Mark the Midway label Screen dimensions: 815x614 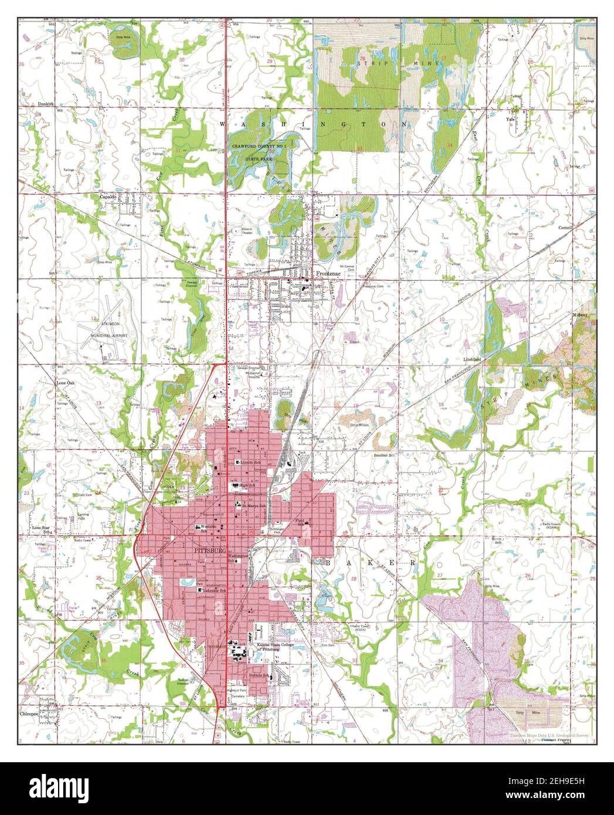(x=580, y=315)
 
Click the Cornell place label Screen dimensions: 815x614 (x=581, y=227)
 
